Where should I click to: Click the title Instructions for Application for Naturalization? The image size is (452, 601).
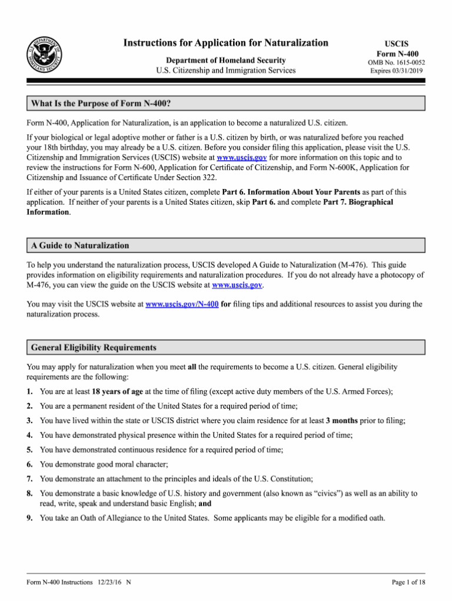tap(225, 42)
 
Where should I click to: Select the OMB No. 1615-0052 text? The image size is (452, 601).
tap(396, 62)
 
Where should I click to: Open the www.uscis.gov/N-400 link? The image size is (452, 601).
tap(182, 304)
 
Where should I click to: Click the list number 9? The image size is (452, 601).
tap(29, 518)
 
